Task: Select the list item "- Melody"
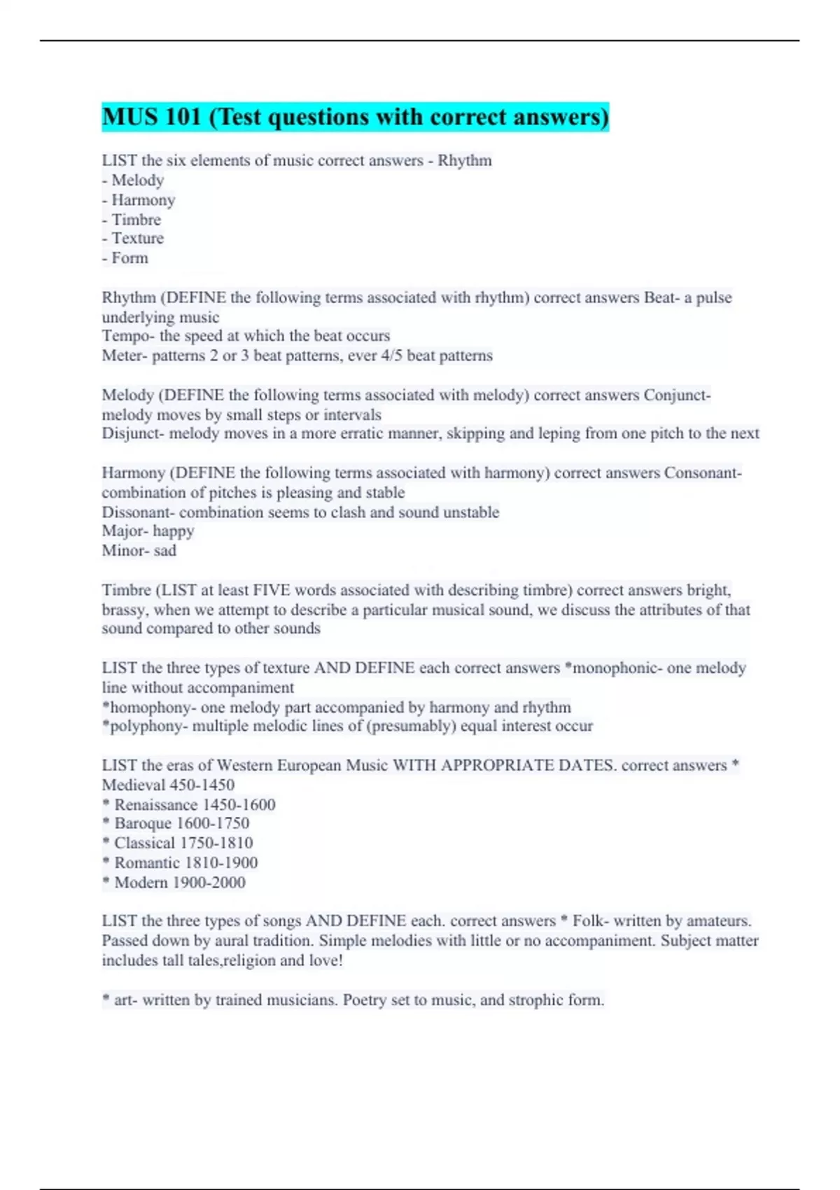133,181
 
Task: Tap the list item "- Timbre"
132,220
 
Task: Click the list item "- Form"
125,258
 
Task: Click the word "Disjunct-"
133,433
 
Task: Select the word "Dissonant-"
137,512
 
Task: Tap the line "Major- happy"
148,531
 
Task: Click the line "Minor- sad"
139,551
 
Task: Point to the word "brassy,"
125,610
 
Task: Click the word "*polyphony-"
144,727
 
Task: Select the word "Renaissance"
156,805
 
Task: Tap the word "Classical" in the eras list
144,843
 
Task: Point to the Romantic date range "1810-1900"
221,863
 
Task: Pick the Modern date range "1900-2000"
209,883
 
